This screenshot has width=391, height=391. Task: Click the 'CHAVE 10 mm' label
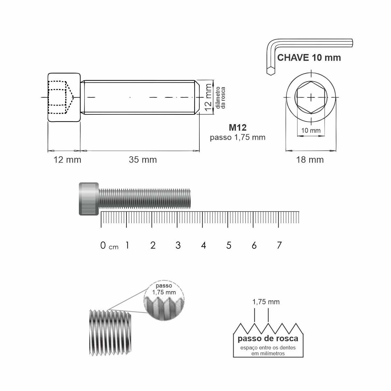coord(309,58)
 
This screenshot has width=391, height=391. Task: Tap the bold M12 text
coord(238,127)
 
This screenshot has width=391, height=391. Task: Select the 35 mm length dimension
coord(143,160)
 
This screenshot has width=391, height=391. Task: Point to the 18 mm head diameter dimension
coord(310,160)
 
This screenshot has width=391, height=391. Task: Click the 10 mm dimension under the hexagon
coord(311,130)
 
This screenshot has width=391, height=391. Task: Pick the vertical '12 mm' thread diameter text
coord(208,98)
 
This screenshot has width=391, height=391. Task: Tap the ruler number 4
coord(204,245)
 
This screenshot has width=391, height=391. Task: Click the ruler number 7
coord(279,245)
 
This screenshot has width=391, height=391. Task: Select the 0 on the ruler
coord(103,245)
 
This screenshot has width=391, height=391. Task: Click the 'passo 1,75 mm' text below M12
coord(238,138)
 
